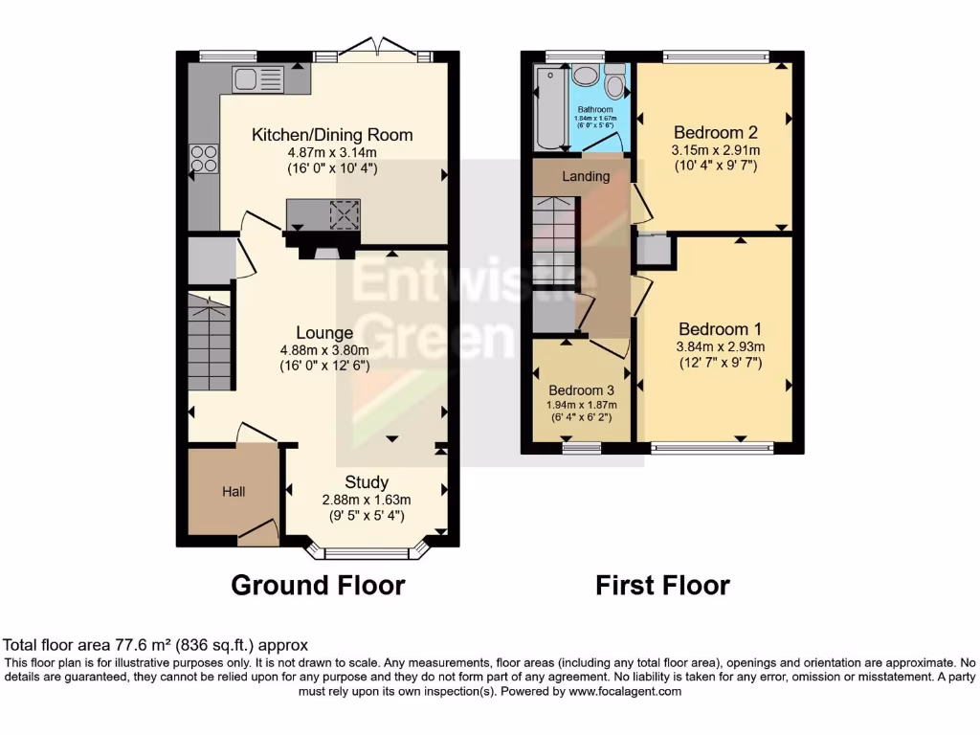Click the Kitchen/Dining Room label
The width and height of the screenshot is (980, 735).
(x=332, y=135)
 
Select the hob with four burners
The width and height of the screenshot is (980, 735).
(x=204, y=158)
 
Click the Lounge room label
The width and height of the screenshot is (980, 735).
(x=323, y=333)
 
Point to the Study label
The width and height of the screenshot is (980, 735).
(x=367, y=481)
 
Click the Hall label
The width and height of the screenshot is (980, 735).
(x=234, y=492)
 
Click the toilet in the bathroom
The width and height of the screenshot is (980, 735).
(x=614, y=84)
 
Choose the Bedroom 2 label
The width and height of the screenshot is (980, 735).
(x=715, y=132)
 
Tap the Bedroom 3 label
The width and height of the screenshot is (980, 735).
(x=582, y=390)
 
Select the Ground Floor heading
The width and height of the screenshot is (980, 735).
(x=318, y=585)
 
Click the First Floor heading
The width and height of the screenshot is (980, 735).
(x=662, y=585)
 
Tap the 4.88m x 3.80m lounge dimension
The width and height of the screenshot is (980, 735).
(x=323, y=350)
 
